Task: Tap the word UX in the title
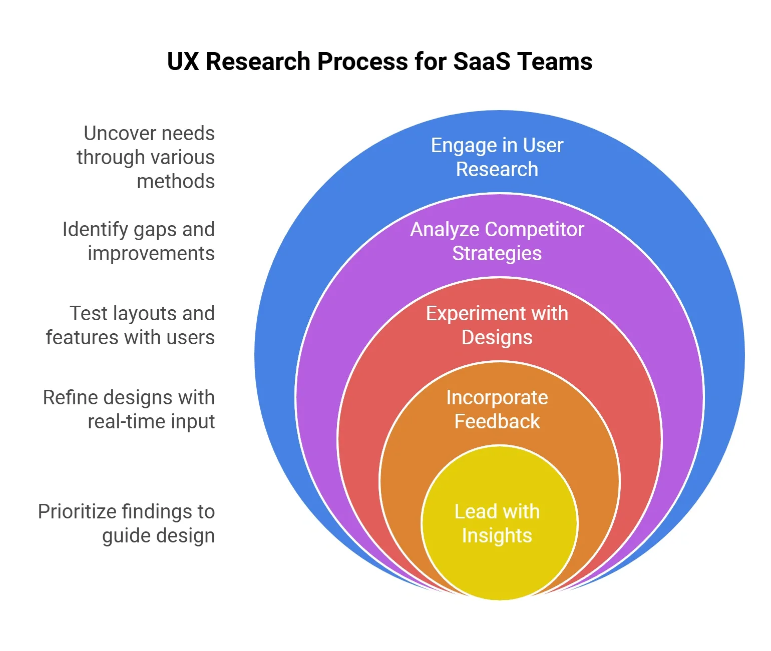click(x=183, y=62)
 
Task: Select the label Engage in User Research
click(x=497, y=157)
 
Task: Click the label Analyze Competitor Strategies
click(x=497, y=241)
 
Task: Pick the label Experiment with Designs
click(x=497, y=325)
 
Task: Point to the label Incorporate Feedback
click(x=497, y=409)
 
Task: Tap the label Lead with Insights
click(x=497, y=523)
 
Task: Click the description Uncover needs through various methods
click(x=146, y=157)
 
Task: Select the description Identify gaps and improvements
click(x=139, y=241)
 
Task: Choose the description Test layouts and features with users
click(x=131, y=325)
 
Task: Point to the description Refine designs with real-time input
click(x=129, y=409)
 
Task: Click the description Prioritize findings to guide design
click(x=127, y=523)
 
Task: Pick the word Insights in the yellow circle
click(x=497, y=536)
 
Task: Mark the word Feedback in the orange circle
click(x=497, y=422)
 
